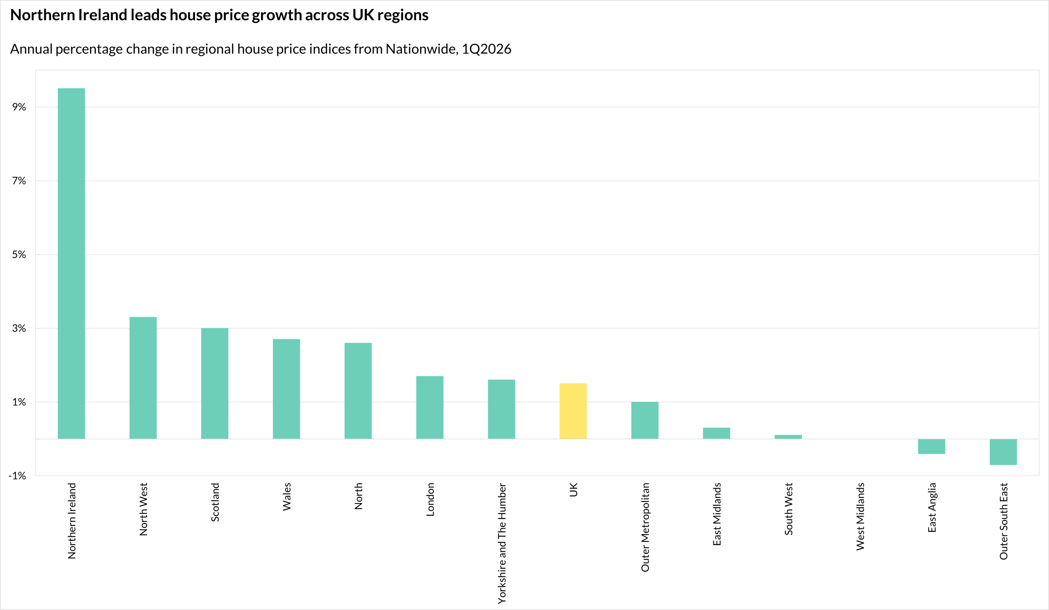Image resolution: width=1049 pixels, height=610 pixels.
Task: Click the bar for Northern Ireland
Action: pos(71,263)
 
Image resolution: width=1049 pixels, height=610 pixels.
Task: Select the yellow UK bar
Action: pos(573,411)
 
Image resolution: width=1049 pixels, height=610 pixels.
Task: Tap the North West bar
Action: pos(143,378)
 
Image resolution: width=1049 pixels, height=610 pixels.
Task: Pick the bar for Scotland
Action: pos(214,383)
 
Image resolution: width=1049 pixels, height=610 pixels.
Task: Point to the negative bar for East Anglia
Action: pos(932,447)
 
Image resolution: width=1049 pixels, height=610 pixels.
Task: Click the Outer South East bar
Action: pos(1003,452)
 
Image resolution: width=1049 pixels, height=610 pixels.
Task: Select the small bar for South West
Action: pos(788,437)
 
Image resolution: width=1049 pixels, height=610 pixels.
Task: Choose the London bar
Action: pos(429,407)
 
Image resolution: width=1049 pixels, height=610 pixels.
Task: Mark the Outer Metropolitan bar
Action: pos(645,420)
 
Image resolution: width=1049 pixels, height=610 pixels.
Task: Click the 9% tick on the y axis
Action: pos(19,107)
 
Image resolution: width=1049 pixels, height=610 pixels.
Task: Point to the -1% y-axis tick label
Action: pos(18,476)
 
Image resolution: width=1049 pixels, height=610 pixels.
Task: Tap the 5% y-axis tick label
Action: pos(19,255)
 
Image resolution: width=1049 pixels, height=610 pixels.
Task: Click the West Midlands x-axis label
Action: pos(860,516)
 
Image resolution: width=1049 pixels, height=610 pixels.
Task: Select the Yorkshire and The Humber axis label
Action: pos(502,543)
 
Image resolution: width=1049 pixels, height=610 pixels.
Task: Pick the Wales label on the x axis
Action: pos(286,497)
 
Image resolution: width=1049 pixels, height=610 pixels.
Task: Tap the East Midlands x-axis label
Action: pos(716,514)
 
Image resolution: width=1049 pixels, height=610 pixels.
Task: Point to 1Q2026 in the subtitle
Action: pos(486,49)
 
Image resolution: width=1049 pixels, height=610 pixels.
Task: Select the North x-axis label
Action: pos(358,496)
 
